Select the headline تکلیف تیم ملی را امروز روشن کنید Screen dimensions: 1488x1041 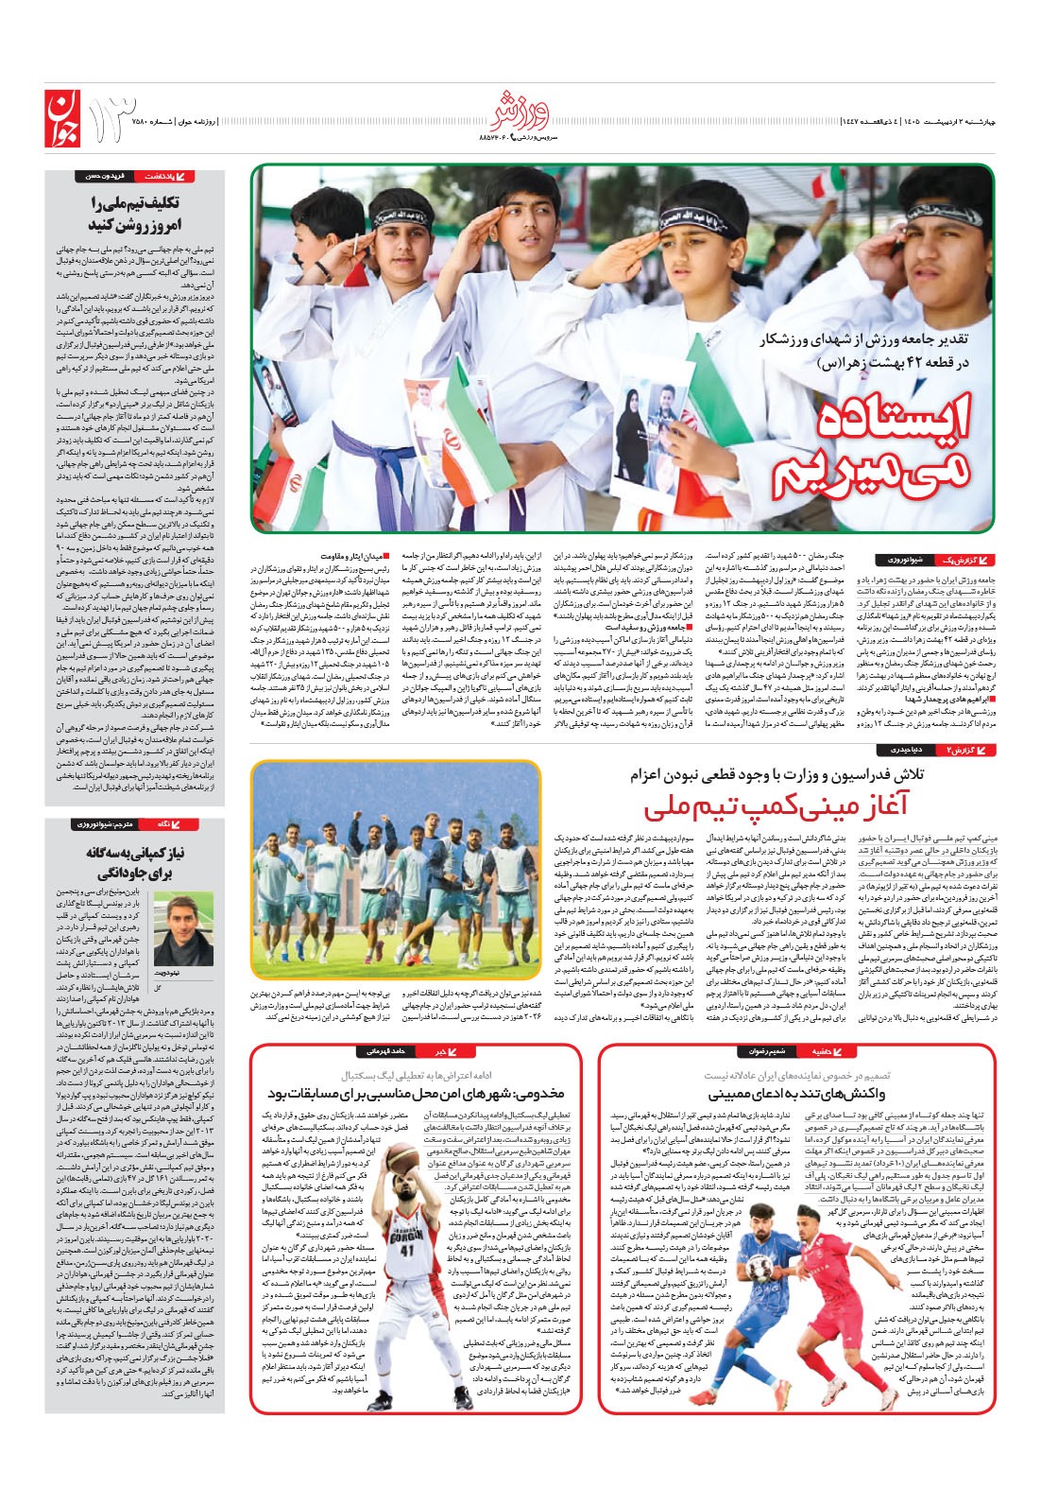pos(134,214)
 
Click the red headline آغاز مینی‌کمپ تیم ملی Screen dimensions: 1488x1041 pos(775,808)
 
